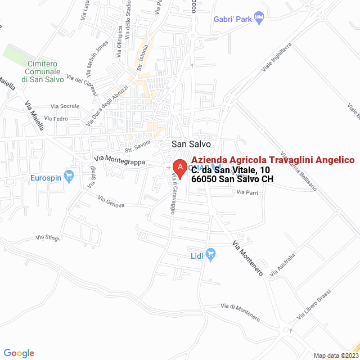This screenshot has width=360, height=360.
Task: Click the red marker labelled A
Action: pos(179,168)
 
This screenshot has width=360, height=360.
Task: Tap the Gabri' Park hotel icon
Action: pos(259,19)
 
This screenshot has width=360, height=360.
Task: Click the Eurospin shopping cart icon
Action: pos(69,177)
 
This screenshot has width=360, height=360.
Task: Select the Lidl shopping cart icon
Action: pos(211,255)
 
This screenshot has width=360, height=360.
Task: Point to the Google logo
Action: pos(19,353)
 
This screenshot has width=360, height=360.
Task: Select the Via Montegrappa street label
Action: pos(120,160)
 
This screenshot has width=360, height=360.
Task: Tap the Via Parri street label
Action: pos(247,192)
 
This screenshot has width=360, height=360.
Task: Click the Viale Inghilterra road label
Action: pos(277,57)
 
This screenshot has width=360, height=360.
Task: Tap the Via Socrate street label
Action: pos(65,106)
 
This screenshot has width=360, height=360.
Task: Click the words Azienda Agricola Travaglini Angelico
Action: pos(273,160)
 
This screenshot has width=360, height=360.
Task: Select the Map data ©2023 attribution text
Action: pos(336,355)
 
